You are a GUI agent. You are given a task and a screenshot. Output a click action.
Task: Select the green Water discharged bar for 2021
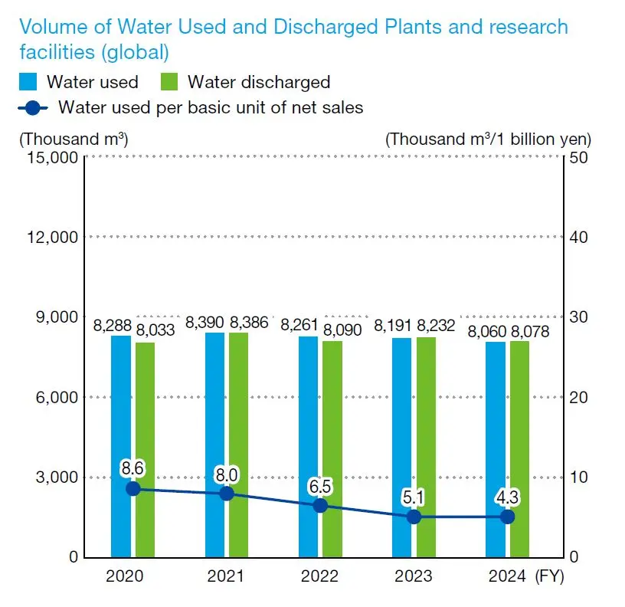coord(238,445)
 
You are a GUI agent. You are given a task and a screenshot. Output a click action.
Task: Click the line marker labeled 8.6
coord(133,488)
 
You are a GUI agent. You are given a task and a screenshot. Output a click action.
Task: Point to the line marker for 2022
coord(320,506)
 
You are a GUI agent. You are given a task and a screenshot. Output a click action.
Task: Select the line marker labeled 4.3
coord(507,517)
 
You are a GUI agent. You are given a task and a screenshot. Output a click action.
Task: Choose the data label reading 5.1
coord(414,497)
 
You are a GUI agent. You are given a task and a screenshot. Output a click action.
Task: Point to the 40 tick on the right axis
coord(579,237)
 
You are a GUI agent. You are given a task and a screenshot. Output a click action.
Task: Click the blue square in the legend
coord(28,82)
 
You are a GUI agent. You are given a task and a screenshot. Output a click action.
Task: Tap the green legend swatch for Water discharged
coord(170,82)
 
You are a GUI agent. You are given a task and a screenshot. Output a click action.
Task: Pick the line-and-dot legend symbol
coord(33,108)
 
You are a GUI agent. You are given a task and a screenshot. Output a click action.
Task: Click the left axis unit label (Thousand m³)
coord(74,139)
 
